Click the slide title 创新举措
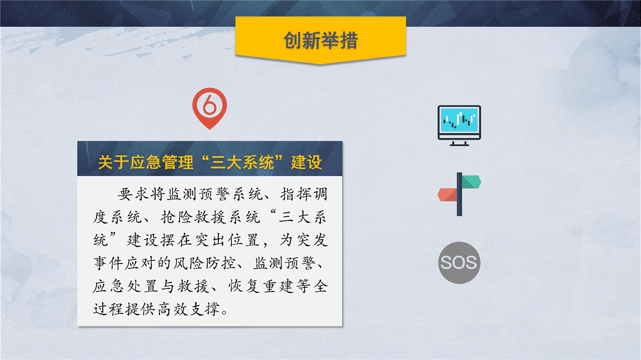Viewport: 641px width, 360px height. pos(320,41)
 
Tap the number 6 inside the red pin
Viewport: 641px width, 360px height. pos(209,105)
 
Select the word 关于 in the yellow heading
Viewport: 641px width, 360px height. pos(114,162)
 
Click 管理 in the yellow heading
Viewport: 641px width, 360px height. pos(178,162)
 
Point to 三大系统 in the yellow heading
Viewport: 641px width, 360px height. pos(242,162)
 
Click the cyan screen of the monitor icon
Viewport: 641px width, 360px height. pos(459,119)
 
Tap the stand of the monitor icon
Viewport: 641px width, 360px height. pos(459,143)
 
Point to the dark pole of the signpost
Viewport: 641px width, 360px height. pos(459,194)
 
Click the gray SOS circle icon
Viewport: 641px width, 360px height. pos(459,263)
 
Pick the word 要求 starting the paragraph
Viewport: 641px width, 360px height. pos(133,194)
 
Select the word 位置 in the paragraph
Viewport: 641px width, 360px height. pos(244,240)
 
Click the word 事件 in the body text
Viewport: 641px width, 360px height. pos(109,263)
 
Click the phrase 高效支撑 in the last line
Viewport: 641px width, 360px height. pos(188,309)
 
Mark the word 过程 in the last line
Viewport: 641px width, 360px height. pos(109,309)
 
